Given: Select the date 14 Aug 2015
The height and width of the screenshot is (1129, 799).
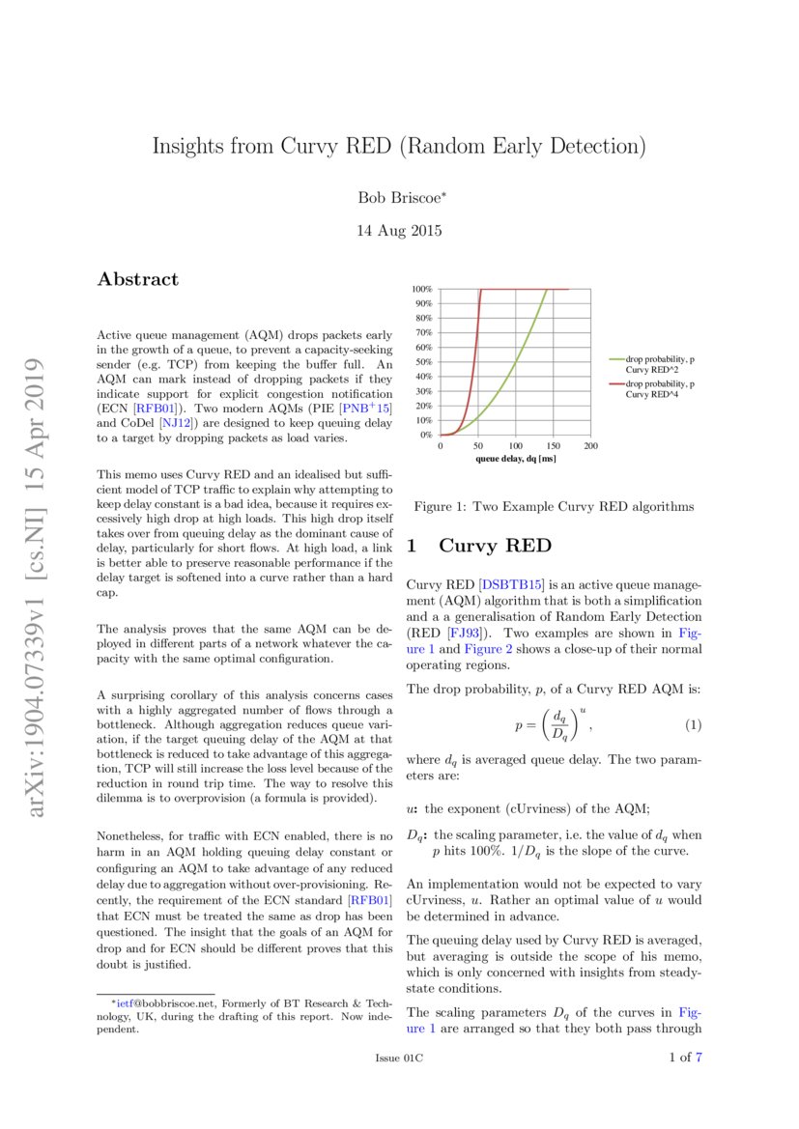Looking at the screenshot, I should coord(400,231).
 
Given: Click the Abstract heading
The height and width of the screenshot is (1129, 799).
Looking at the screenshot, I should coord(138,279).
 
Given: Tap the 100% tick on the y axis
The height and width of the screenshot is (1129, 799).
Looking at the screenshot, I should coord(421,289).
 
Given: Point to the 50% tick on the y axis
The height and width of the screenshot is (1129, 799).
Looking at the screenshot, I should coord(423,362).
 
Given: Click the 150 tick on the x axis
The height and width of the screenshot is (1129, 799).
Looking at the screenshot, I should coord(554,446).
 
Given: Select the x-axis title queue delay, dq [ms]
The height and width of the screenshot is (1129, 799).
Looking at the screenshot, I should coord(516,458).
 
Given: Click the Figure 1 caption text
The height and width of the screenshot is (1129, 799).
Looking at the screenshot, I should coord(554,506).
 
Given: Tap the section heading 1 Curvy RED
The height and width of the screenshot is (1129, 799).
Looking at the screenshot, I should coord(479,546).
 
